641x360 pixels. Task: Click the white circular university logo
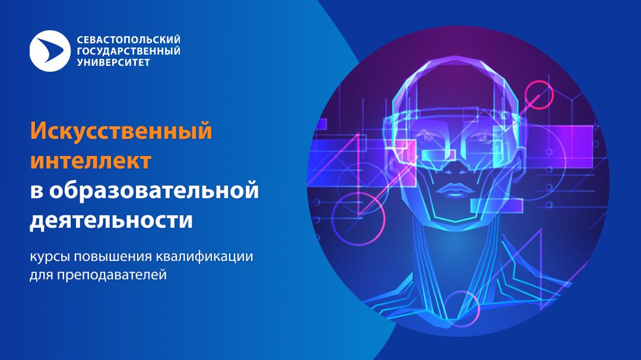50,51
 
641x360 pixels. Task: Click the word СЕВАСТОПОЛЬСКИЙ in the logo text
128,40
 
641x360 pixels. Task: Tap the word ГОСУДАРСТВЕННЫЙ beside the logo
128,51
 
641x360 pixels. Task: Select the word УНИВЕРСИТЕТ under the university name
113,62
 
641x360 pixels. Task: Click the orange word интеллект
91,161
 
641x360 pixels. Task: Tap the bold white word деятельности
111,220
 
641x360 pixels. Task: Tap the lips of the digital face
452,190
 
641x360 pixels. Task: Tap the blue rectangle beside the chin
497,206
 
